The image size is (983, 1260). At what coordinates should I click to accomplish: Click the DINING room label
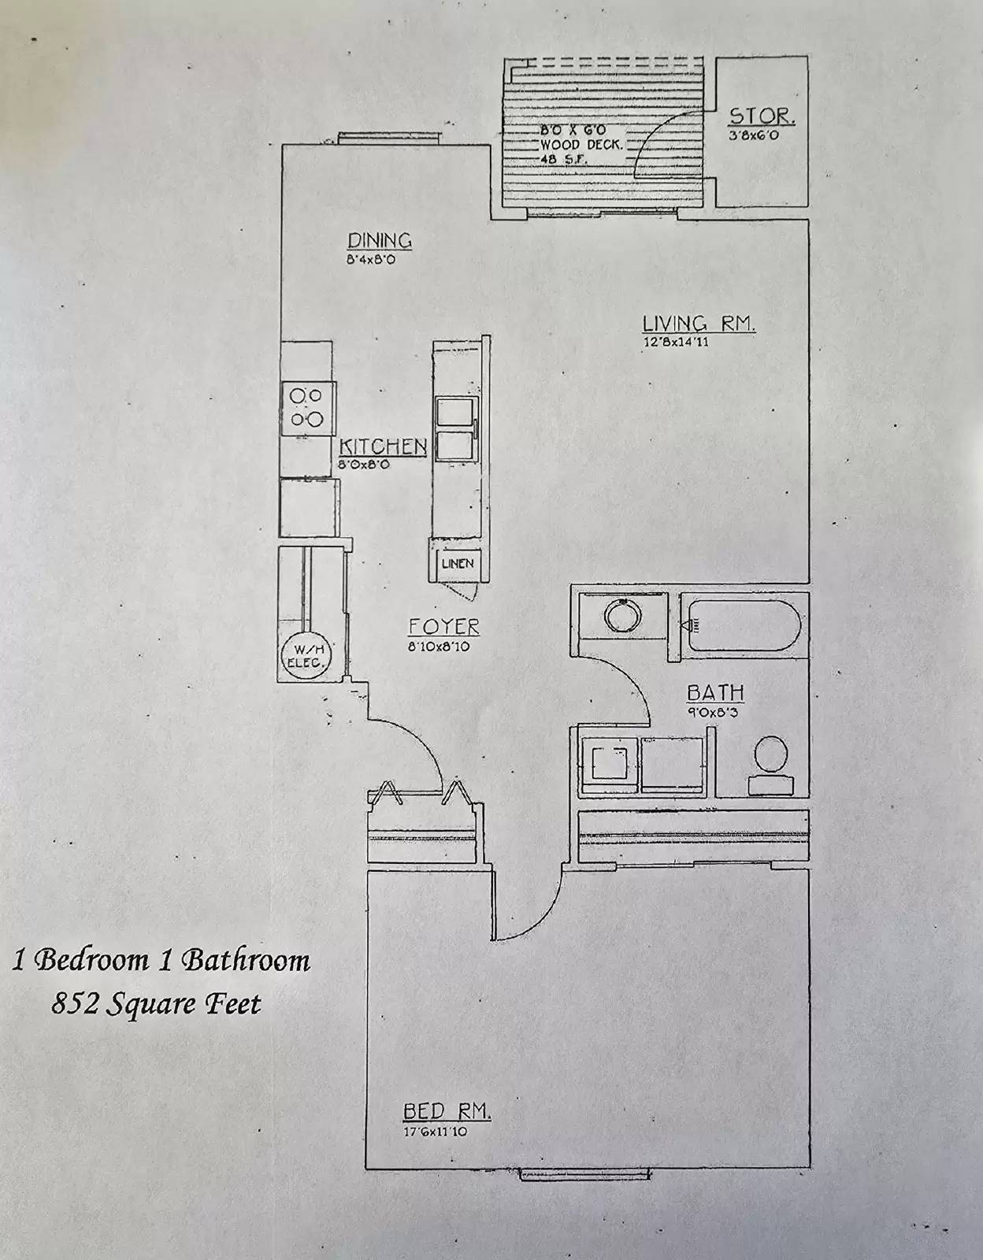tap(380, 240)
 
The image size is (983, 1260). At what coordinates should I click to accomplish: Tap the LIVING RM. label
tap(699, 324)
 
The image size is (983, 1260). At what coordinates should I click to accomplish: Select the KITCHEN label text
tap(383, 447)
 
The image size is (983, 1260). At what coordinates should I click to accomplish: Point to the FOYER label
tap(443, 627)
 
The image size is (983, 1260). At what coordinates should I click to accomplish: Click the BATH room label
tap(715, 693)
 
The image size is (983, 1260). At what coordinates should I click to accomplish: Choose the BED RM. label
tap(447, 1111)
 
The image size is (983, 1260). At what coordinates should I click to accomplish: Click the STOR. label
tap(762, 117)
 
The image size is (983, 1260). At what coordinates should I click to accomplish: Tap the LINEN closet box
tap(457, 563)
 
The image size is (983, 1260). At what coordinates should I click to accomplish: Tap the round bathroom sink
tap(622, 615)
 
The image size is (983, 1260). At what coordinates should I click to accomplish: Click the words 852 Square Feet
tap(156, 1004)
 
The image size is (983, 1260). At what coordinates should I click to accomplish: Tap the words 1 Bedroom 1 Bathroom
tap(161, 960)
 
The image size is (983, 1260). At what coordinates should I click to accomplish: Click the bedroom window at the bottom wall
tap(584, 1173)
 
